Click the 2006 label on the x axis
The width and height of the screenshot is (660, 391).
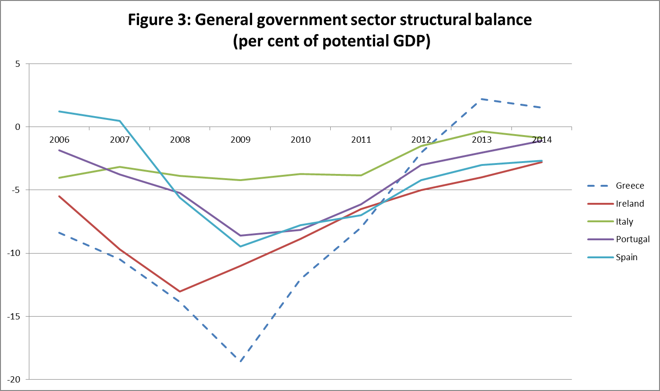pyautogui.click(x=60, y=140)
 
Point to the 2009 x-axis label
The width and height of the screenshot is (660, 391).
pyautogui.click(x=240, y=140)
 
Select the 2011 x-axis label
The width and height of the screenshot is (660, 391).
pyautogui.click(x=361, y=140)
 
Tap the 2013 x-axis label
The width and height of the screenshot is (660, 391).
pyautogui.click(x=482, y=140)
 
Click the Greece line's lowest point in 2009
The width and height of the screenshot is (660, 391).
pyautogui.click(x=240, y=362)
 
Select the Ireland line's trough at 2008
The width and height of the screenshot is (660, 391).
pyautogui.click(x=180, y=291)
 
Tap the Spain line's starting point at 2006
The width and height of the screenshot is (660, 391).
pyautogui.click(x=60, y=111)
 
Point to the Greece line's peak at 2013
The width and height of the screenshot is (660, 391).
pyautogui.click(x=482, y=99)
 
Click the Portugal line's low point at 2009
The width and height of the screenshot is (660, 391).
pyautogui.click(x=240, y=236)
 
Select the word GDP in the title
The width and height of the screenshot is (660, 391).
pyautogui.click(x=409, y=42)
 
